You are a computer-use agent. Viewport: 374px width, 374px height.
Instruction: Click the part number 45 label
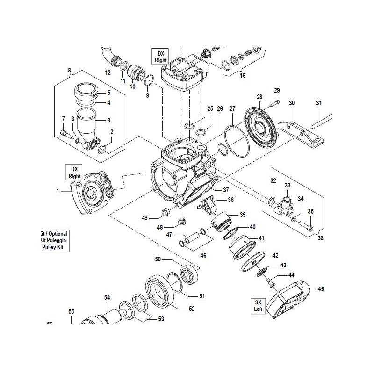click(x=321, y=288)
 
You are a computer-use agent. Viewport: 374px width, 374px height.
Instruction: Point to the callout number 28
click(x=259, y=97)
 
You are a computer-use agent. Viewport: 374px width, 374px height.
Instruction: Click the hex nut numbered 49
click(x=165, y=213)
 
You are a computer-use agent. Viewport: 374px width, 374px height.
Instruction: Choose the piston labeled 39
click(x=222, y=220)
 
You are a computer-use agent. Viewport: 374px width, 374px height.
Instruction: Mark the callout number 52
click(x=192, y=308)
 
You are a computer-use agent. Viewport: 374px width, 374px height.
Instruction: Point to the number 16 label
click(x=242, y=75)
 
